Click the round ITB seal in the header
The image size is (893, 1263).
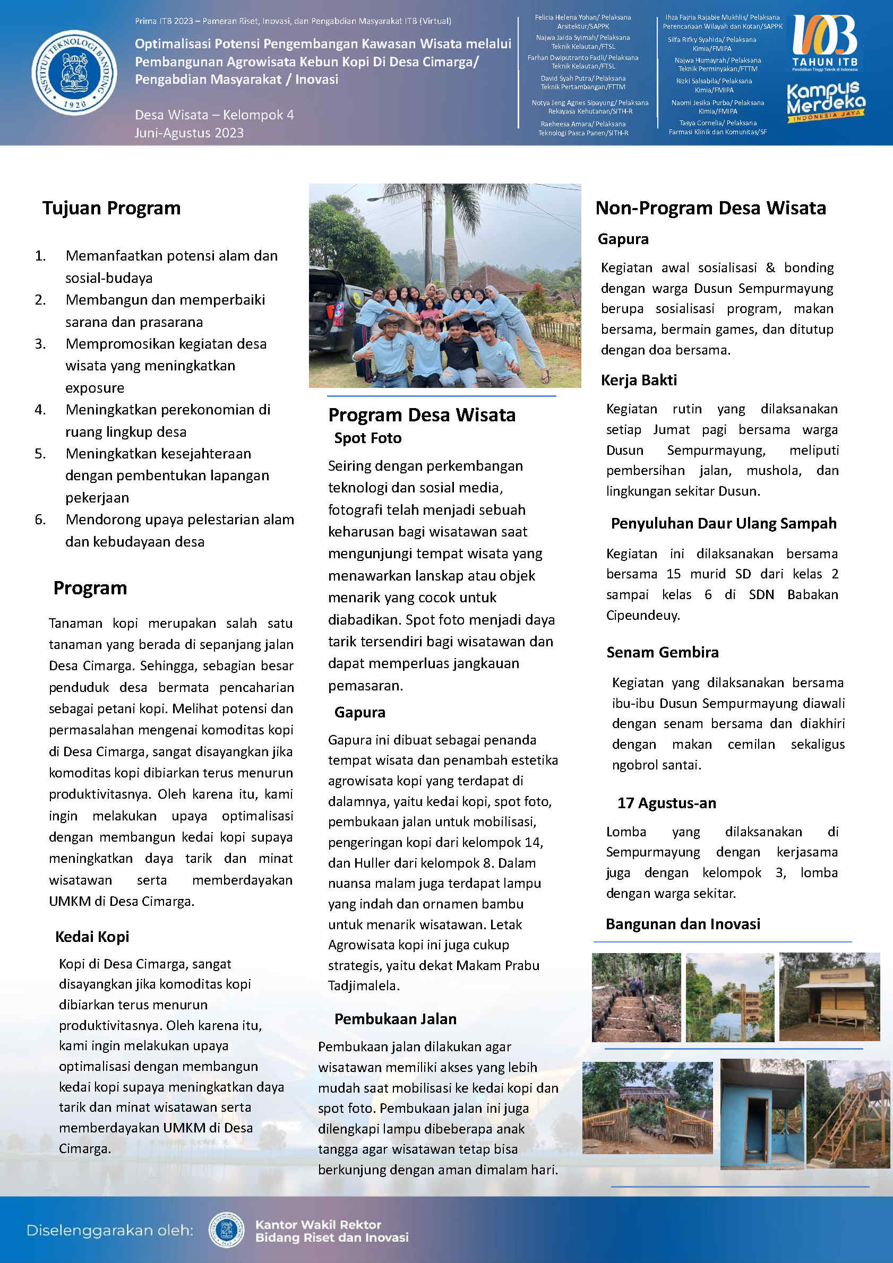click(x=74, y=73)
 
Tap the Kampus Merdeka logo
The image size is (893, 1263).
click(x=826, y=102)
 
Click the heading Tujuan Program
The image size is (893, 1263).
click(x=111, y=208)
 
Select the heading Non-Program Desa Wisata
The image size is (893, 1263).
click(x=710, y=208)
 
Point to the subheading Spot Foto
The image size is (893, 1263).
click(x=367, y=438)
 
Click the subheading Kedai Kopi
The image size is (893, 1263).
click(x=92, y=936)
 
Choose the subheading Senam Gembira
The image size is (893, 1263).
click(x=663, y=652)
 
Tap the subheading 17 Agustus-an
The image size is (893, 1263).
click(x=666, y=803)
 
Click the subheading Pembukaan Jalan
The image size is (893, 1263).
click(x=395, y=1019)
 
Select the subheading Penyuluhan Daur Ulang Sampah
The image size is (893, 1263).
click(x=724, y=523)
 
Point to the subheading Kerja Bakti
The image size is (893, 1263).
click(x=638, y=380)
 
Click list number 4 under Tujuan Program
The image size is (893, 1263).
click(x=40, y=410)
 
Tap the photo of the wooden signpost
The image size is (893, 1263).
click(x=729, y=997)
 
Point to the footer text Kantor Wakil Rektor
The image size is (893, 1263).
click(x=318, y=1224)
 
